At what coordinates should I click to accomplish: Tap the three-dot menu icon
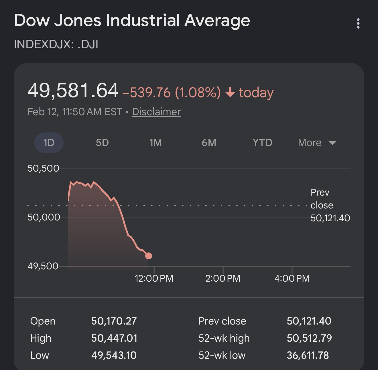pyautogui.click(x=358, y=23)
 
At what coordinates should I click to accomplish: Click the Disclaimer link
pyautogui.click(x=156, y=112)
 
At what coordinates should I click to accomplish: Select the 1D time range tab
pyautogui.click(x=49, y=142)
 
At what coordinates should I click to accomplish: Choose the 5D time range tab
pyautogui.click(x=102, y=142)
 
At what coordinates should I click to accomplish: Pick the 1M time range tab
pyautogui.click(x=155, y=142)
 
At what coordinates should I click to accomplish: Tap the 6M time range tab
pyautogui.click(x=209, y=142)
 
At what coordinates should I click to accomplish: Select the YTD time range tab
pyautogui.click(x=262, y=142)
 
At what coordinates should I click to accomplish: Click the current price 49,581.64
pyautogui.click(x=73, y=91)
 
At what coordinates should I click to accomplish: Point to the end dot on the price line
pyautogui.click(x=148, y=256)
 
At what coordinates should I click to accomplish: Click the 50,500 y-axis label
pyautogui.click(x=43, y=168)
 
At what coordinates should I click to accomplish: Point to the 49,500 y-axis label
pyautogui.click(x=43, y=266)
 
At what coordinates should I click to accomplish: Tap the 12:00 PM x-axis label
pyautogui.click(x=154, y=278)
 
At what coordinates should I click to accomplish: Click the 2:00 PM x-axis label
pyautogui.click(x=223, y=278)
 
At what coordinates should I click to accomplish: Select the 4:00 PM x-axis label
pyautogui.click(x=292, y=278)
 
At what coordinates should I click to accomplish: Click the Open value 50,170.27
pyautogui.click(x=114, y=321)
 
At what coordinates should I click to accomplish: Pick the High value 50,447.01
pyautogui.click(x=114, y=338)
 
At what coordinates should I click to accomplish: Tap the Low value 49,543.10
pyautogui.click(x=114, y=355)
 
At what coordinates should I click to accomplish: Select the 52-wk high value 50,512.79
pyautogui.click(x=309, y=338)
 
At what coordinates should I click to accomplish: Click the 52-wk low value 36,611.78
pyautogui.click(x=308, y=355)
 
